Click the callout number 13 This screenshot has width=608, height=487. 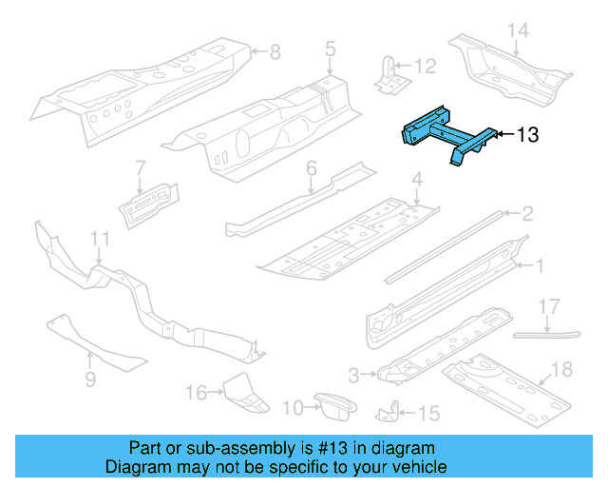(527, 135)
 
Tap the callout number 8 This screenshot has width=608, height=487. (275, 51)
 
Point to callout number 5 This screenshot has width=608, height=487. (330, 48)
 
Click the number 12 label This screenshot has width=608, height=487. (425, 67)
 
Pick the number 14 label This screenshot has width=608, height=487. (517, 30)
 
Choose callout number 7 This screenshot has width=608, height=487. (139, 168)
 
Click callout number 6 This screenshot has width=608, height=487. (311, 168)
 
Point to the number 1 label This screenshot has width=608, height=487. (539, 266)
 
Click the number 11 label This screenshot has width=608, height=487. (100, 239)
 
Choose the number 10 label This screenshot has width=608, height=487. (294, 408)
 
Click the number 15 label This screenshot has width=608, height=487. (429, 413)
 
